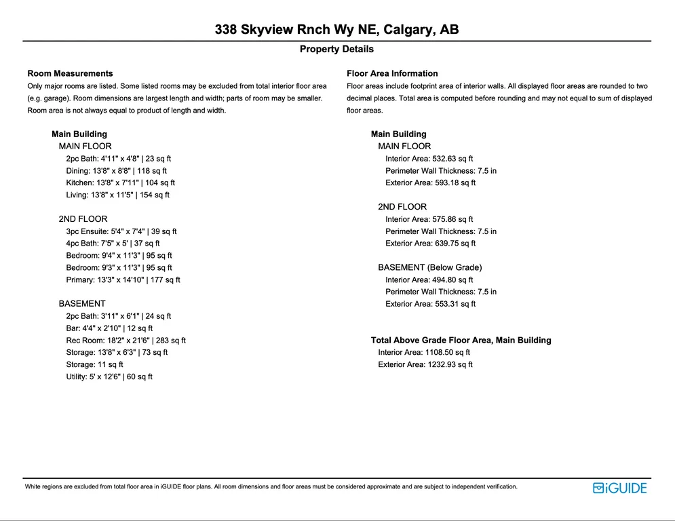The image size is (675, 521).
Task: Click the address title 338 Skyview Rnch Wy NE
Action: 336,30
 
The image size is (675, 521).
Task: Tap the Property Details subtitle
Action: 336,50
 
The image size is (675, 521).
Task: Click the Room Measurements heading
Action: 70,73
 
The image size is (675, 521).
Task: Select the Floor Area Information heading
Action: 392,73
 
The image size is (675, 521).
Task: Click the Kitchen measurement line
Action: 120,182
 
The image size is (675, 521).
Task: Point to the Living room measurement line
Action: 117,195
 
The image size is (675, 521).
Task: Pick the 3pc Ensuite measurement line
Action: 121,231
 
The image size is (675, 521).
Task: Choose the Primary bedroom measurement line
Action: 123,279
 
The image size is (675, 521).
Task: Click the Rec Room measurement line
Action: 126,341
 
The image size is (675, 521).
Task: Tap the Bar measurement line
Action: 109,328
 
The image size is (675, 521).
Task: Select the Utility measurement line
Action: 109,377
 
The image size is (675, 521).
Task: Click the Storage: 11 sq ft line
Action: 94,364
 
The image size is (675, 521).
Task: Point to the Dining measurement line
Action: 116,171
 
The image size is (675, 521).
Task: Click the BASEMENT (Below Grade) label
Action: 429,267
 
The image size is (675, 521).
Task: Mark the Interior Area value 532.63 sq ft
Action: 429,159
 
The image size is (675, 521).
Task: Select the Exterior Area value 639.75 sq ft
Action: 430,244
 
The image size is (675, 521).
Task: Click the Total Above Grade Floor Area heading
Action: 461,340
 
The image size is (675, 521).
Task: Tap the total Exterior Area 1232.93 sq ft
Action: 425,364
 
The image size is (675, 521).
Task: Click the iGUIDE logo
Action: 619,488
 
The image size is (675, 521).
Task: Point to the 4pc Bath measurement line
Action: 113,244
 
